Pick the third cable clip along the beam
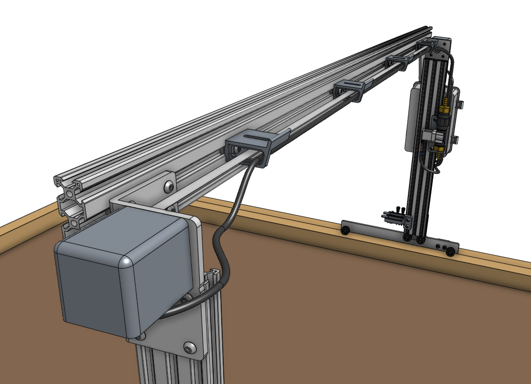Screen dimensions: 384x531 click(x=399, y=62)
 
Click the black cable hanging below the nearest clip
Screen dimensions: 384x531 click(x=234, y=209)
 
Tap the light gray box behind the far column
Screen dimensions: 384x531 click(x=413, y=117)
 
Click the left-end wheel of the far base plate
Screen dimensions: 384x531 click(x=345, y=230)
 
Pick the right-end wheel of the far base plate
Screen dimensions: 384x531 click(x=451, y=253)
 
